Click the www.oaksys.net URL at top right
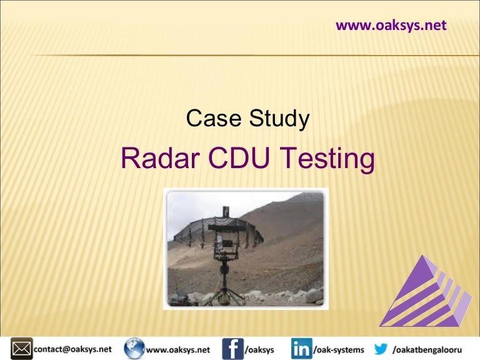(391, 26)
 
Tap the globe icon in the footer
(133, 348)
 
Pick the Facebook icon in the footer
(232, 348)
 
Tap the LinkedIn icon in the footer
(301, 348)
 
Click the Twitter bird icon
(380, 348)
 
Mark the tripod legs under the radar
(224, 291)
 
